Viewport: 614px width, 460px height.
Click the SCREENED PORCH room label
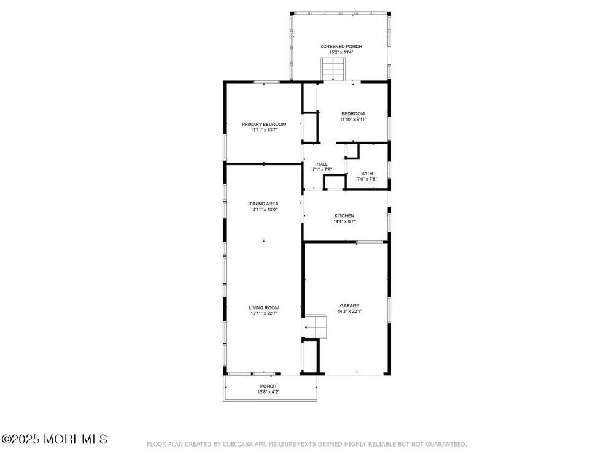[x=341, y=47]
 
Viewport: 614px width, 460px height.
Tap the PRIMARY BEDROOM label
[x=263, y=125]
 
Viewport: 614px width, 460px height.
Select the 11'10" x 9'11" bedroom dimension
[x=353, y=120]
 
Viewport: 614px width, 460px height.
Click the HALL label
[x=322, y=164]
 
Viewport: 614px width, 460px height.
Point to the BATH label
[x=367, y=174]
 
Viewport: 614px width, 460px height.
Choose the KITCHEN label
[x=344, y=216]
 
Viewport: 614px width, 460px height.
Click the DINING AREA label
[x=264, y=204]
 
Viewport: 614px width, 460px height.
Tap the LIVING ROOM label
[x=264, y=308]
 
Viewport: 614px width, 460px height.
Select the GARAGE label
[x=350, y=306]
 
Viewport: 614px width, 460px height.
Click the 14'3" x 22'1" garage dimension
[x=350, y=312]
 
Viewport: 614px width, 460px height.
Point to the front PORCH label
[x=268, y=386]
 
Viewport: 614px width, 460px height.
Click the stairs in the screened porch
[x=333, y=69]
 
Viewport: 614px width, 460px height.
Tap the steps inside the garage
[x=316, y=326]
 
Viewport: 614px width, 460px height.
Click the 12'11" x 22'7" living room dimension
[x=264, y=313]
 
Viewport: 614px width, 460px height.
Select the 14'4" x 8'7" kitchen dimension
[x=344, y=221]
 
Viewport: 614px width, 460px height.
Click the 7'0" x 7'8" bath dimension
[x=367, y=179]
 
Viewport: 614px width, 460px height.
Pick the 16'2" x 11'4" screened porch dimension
[x=341, y=52]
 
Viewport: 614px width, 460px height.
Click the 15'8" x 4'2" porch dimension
[x=268, y=392]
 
